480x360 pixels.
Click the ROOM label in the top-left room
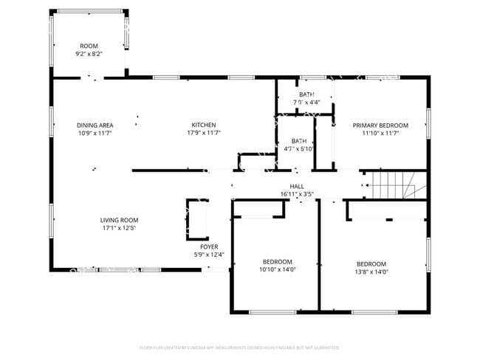pos(89,46)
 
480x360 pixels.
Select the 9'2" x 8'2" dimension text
pos(89,54)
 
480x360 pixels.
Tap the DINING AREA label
pos(95,125)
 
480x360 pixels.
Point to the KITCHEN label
pos(204,125)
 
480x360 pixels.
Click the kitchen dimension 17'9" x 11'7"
pos(204,134)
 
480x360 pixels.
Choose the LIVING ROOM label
pos(119,220)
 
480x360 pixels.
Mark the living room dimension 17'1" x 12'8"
pos(119,228)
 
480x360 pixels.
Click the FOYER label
pos(209,247)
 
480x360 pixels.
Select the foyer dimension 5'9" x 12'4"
pos(209,255)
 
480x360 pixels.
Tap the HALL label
pos(297,187)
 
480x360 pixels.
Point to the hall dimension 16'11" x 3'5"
pos(297,195)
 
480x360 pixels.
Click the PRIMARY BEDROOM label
pos(380,125)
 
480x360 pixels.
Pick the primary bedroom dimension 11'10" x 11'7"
pos(380,134)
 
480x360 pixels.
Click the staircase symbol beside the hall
pos(391,185)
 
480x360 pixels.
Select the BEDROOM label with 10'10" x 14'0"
pos(278,262)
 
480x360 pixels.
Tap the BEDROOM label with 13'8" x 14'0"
pos(371,264)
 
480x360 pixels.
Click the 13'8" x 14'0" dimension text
pos(371,272)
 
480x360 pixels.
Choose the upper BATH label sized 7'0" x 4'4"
pos(306,94)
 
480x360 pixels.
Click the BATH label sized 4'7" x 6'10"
pos(299,141)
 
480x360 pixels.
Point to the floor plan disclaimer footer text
pos(239,347)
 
